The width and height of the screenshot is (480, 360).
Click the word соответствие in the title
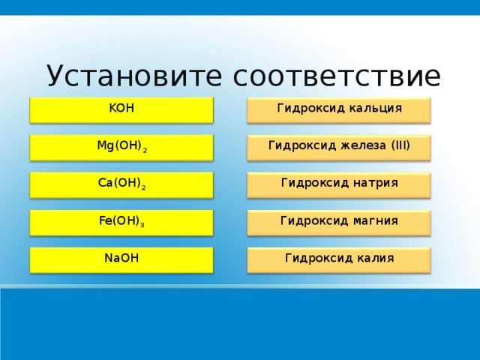click(x=337, y=76)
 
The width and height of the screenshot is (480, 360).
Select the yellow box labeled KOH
click(x=121, y=109)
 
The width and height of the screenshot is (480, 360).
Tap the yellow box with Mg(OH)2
click(x=121, y=147)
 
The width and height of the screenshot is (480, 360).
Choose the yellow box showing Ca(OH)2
click(x=121, y=184)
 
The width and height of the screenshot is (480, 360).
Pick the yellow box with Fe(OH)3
click(x=121, y=222)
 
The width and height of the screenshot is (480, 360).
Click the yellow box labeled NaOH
click(x=121, y=259)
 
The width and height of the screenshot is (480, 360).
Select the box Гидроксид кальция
click(x=339, y=109)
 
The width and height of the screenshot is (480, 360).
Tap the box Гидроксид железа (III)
click(x=339, y=147)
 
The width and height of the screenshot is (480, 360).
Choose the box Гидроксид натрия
click(x=339, y=184)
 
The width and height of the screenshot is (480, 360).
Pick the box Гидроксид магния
click(x=339, y=222)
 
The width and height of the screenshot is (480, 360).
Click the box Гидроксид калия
click(x=339, y=259)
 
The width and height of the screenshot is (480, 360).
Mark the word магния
click(x=372, y=220)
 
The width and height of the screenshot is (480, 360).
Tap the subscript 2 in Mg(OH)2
click(x=145, y=151)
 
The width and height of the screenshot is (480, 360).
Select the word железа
click(x=355, y=145)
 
